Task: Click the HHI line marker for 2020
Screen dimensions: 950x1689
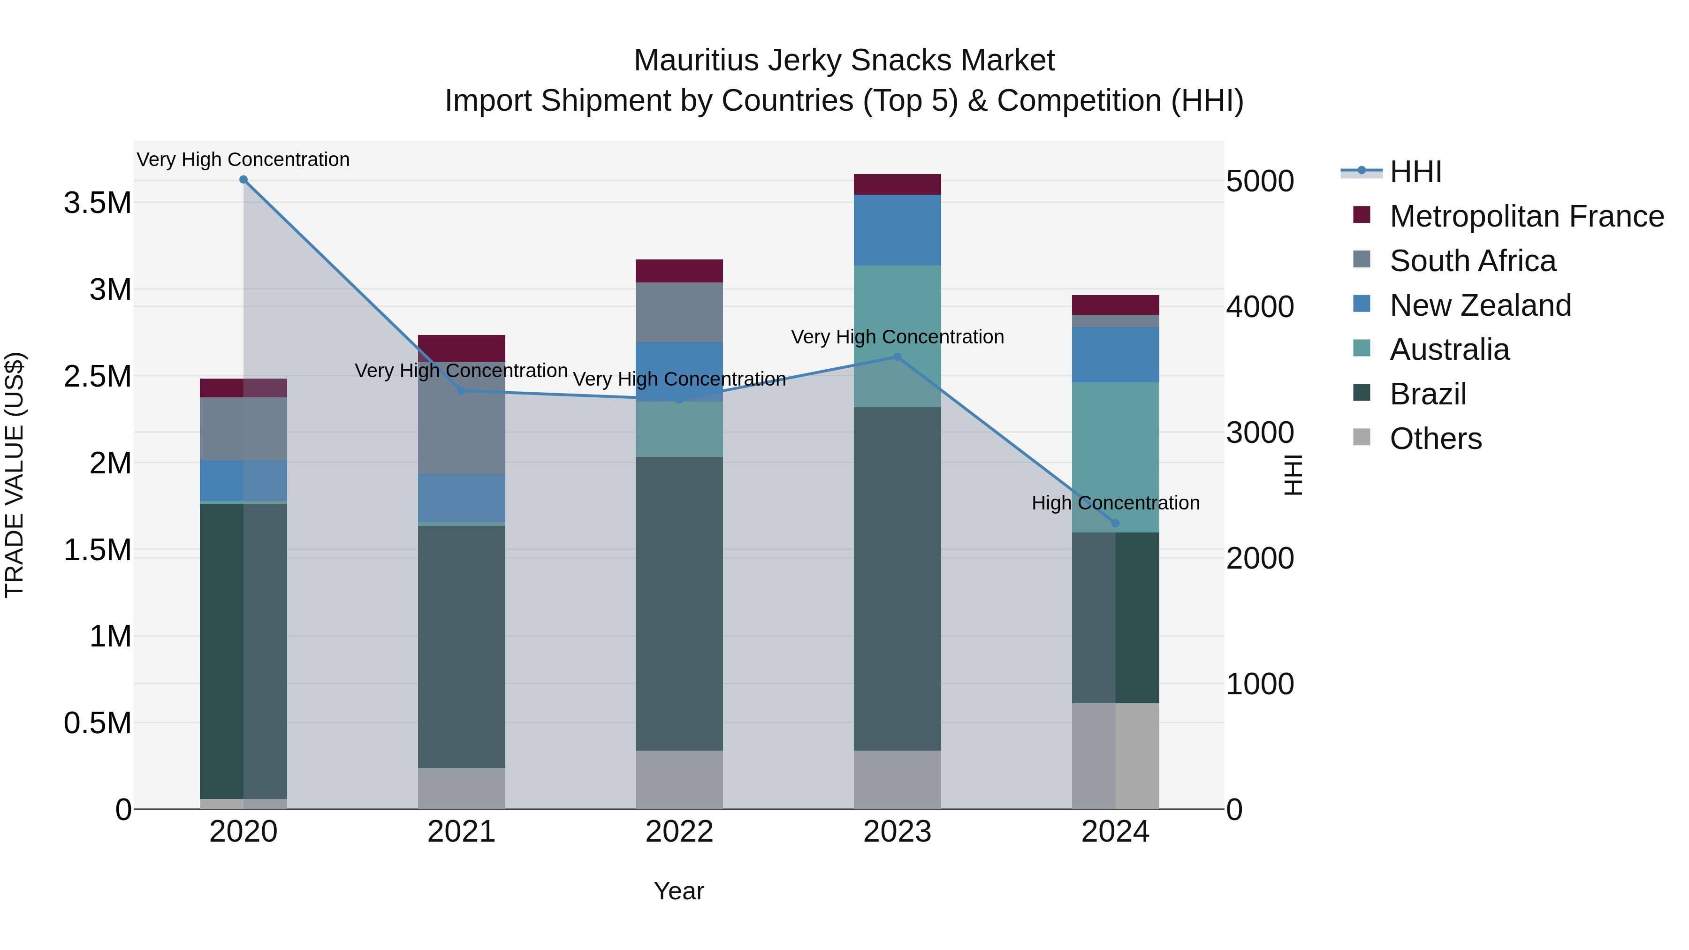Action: pyautogui.click(x=243, y=180)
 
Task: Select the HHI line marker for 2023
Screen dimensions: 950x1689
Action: pyautogui.click(x=898, y=357)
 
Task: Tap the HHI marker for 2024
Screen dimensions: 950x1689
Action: pyautogui.click(x=1115, y=523)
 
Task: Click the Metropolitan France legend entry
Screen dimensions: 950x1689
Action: pyautogui.click(x=1526, y=216)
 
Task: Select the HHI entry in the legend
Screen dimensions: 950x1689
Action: pyautogui.click(x=1415, y=172)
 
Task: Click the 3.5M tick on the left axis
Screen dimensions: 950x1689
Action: pyautogui.click(x=97, y=203)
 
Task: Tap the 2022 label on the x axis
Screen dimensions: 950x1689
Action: pyautogui.click(x=679, y=832)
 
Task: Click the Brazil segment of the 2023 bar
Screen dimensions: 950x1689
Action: pyautogui.click(x=898, y=577)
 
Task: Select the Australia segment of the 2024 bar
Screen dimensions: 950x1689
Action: pyautogui.click(x=1115, y=457)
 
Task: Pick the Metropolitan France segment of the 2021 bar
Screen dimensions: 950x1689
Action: pyautogui.click(x=462, y=348)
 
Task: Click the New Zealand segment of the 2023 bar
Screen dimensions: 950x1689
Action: pyautogui.click(x=898, y=229)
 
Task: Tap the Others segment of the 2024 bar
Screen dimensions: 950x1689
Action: pyautogui.click(x=1115, y=755)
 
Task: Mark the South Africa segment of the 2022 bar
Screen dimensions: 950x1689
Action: pyautogui.click(x=679, y=312)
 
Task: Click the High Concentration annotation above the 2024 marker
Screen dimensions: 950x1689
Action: pyautogui.click(x=1115, y=503)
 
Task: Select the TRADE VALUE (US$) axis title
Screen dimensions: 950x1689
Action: pyautogui.click(x=15, y=475)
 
